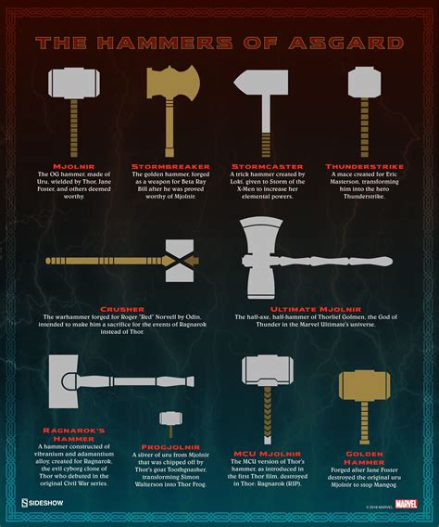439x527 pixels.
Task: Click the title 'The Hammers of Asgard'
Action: [x=219, y=43]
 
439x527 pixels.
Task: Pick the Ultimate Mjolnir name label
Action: [x=309, y=308]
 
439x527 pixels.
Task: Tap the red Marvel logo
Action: [x=405, y=505]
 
